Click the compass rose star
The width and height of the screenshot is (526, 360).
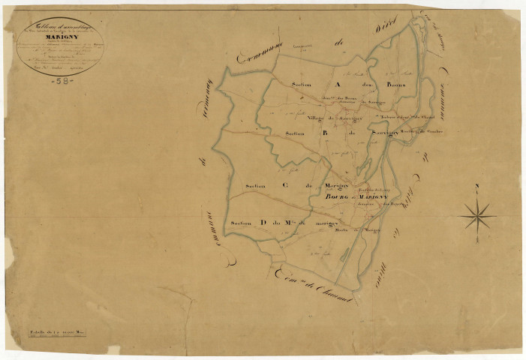pos(477,217)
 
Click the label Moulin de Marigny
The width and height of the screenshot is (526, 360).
pos(358,231)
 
